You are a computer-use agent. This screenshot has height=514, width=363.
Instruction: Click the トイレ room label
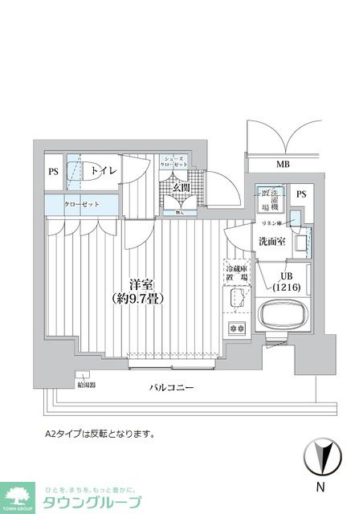[103, 170]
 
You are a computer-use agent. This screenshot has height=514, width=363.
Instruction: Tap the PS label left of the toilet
[53, 171]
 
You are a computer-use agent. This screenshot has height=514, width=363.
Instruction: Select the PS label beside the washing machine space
[301, 194]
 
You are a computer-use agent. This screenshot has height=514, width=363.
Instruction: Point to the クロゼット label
[82, 205]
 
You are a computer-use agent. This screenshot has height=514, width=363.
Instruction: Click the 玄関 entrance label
[181, 189]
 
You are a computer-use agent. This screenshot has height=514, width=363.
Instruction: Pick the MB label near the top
[283, 165]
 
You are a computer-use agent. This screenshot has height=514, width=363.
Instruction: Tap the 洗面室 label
[271, 242]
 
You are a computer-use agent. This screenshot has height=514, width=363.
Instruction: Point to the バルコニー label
[172, 387]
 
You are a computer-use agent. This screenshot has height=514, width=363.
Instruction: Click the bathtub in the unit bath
[284, 316]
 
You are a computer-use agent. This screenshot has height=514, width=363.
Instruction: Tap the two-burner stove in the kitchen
[238, 328]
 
